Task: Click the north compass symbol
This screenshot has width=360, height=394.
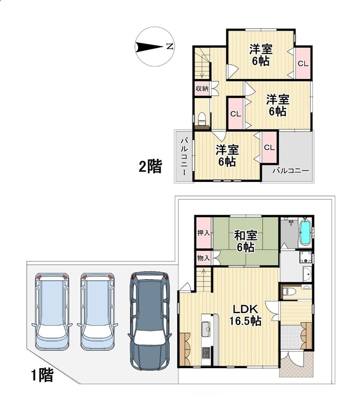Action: [154, 47]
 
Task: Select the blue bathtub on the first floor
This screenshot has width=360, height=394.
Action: [305, 232]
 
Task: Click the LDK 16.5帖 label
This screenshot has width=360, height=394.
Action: [245, 315]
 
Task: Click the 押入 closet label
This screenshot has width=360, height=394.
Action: [204, 233]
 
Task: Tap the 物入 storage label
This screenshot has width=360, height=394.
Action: [204, 258]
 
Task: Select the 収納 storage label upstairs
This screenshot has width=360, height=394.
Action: [202, 89]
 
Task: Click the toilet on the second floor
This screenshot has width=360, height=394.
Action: [201, 119]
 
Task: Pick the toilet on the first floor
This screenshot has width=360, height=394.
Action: [286, 291]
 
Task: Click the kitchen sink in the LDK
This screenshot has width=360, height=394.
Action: [206, 329]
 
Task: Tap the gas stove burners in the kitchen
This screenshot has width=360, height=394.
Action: [206, 352]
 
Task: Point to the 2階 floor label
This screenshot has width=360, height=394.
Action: [150, 166]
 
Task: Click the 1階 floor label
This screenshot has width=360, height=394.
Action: [42, 375]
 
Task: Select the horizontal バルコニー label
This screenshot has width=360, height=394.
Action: [291, 171]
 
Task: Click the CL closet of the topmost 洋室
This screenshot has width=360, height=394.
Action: [303, 63]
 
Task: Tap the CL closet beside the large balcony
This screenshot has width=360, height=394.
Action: [269, 147]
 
